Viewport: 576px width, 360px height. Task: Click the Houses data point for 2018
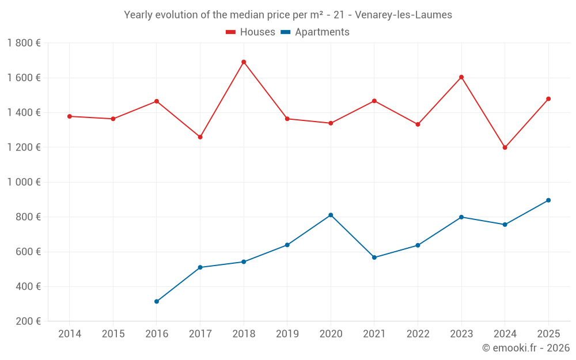pos(244,62)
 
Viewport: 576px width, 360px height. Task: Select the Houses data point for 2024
pos(505,147)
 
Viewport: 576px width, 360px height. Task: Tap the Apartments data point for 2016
pos(157,301)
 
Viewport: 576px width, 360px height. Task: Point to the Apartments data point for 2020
pos(331,215)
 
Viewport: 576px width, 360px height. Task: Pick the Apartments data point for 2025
pos(548,200)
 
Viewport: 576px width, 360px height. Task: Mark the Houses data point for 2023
pos(461,77)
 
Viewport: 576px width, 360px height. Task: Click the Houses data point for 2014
pos(70,116)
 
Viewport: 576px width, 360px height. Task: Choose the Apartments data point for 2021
pos(374,257)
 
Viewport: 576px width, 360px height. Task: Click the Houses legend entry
pos(251,32)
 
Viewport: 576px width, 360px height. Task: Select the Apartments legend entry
pos(315,32)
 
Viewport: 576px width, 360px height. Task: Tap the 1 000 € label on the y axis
pos(24,182)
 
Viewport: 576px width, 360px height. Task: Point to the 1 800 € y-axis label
pos(24,43)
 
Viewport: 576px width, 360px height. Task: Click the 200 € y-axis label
pos(27,321)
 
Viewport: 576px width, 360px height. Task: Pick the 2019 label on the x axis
pos(287,334)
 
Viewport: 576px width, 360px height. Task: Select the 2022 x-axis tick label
pos(418,334)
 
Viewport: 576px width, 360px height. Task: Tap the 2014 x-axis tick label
pos(70,334)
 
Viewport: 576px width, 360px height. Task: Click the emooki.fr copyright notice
pos(526,348)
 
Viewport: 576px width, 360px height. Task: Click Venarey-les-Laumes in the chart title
pos(403,15)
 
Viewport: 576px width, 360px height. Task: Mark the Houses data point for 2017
pos(200,137)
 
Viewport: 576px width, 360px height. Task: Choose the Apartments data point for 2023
pos(461,217)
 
